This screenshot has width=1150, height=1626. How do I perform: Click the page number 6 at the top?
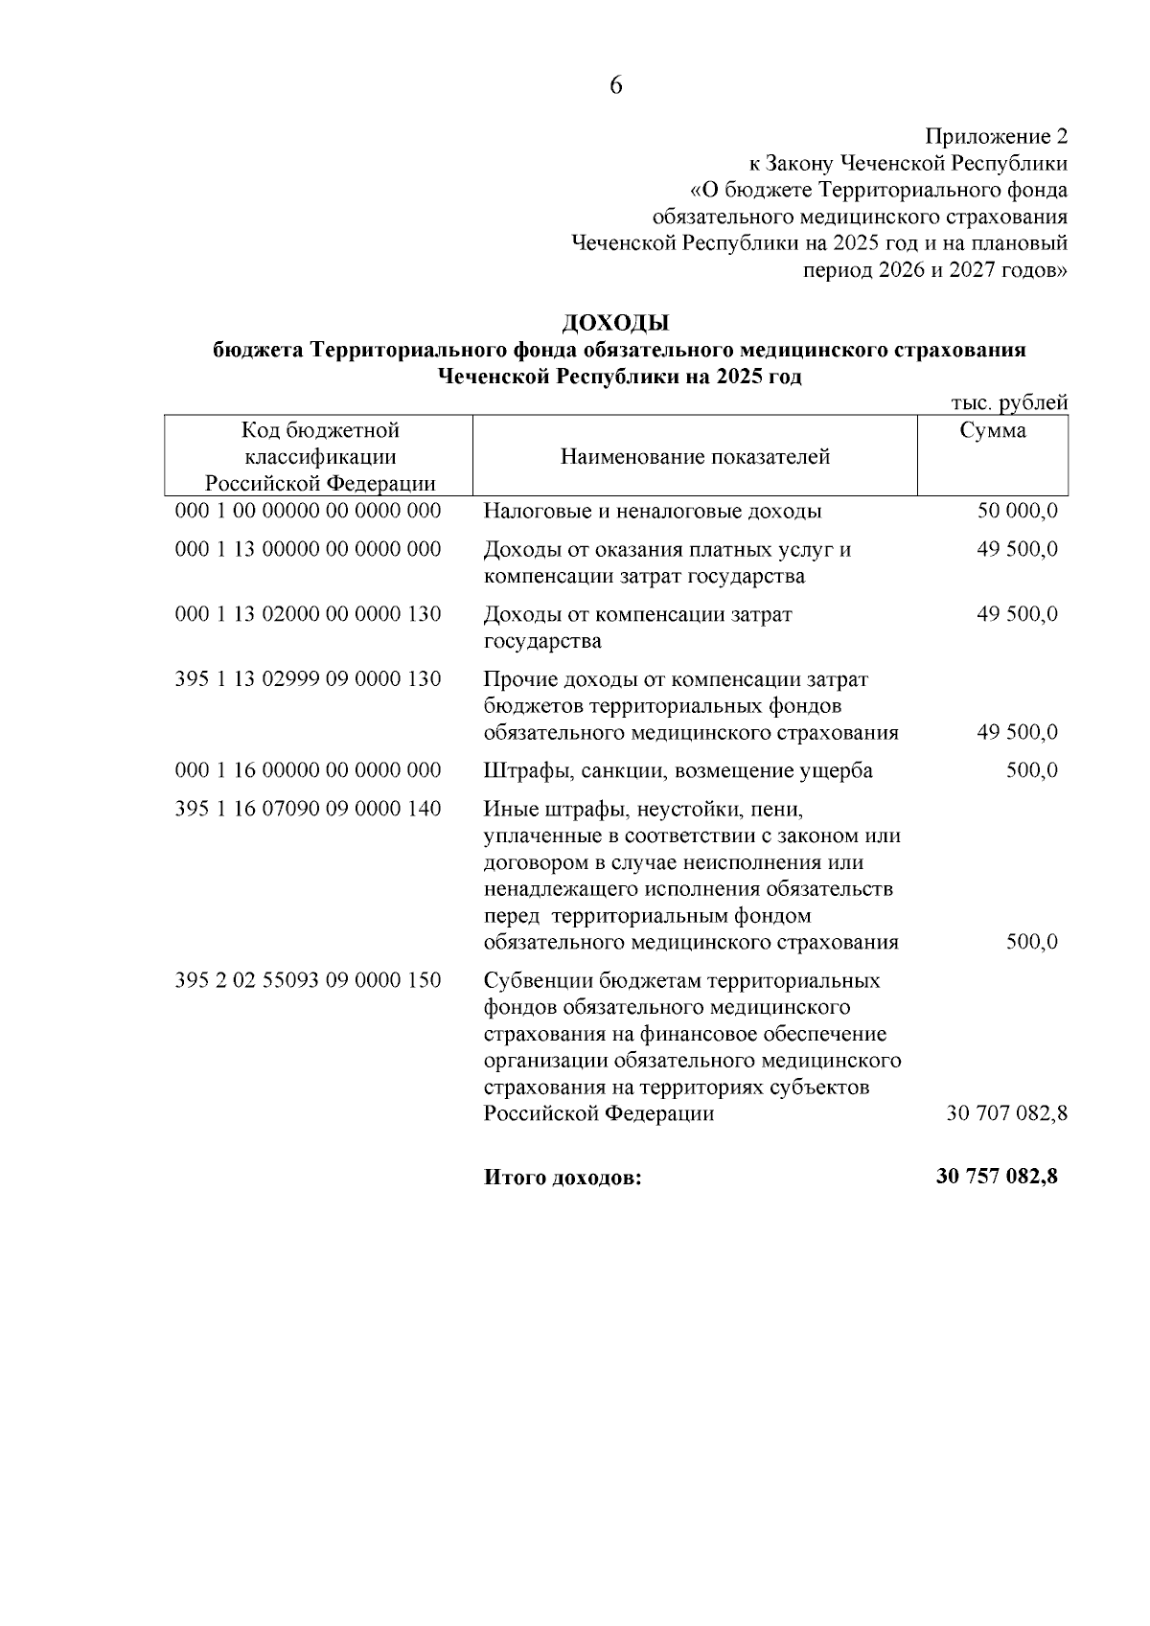tap(615, 86)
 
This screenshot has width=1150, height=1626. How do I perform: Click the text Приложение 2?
tap(996, 136)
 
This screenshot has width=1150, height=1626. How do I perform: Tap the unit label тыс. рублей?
tap(1008, 403)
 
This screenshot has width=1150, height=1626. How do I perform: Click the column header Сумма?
tap(993, 431)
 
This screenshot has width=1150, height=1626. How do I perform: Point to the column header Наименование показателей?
tap(695, 457)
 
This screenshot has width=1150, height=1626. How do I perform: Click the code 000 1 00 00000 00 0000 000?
tap(309, 511)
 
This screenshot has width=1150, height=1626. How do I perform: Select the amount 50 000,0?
tap(1017, 511)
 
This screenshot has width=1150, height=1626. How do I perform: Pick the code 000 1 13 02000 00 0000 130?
tap(309, 614)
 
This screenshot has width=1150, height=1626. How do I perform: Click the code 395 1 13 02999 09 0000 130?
tap(309, 679)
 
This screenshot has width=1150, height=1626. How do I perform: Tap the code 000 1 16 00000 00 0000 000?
tap(309, 770)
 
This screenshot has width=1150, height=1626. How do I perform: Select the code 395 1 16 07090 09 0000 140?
tap(309, 809)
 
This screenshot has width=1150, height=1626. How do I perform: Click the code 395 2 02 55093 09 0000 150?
tap(309, 981)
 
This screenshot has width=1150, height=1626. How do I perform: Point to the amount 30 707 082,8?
tap(1006, 1114)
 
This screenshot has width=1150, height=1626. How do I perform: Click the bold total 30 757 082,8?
tap(997, 1177)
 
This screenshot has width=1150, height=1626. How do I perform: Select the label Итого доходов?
tap(563, 1179)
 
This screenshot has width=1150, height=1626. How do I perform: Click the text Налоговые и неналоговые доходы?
tap(653, 511)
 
